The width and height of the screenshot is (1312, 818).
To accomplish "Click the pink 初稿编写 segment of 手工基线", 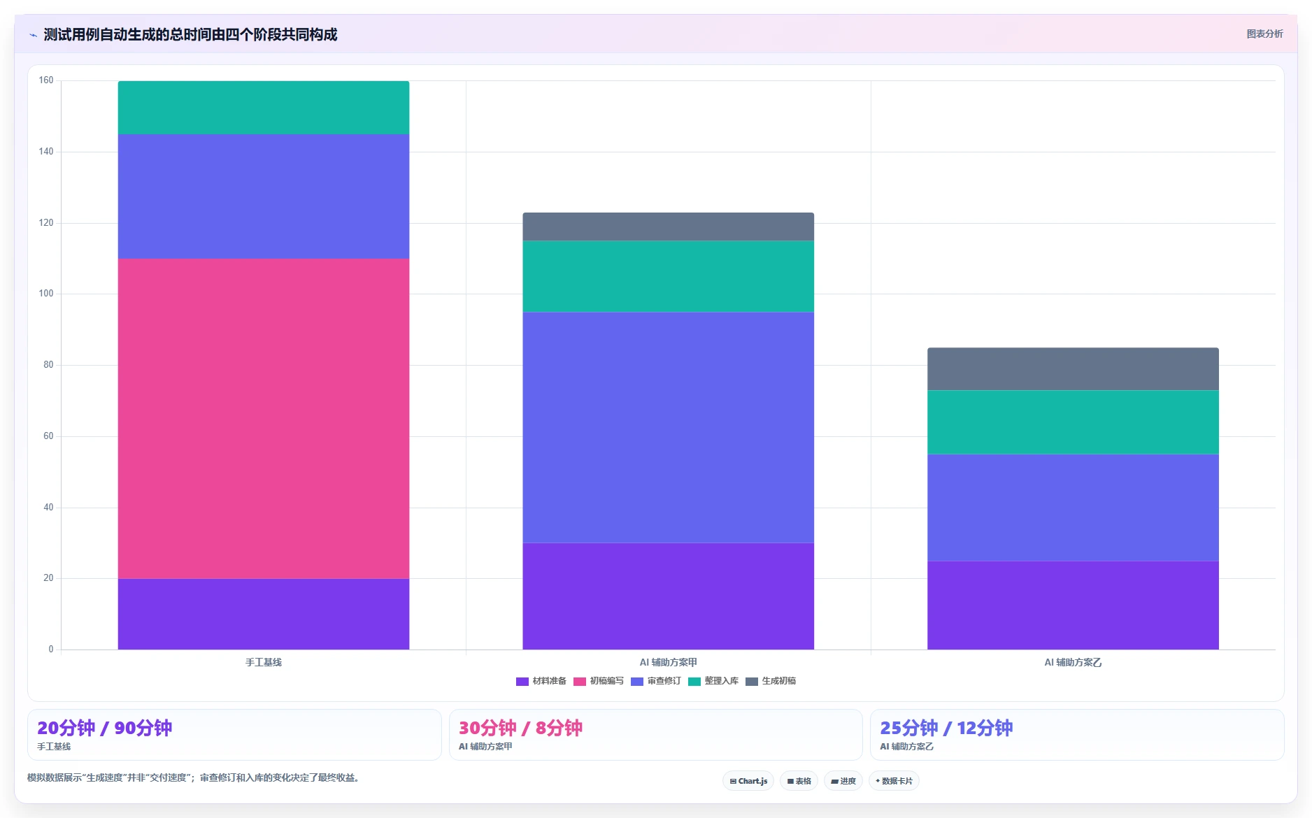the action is pos(264,419).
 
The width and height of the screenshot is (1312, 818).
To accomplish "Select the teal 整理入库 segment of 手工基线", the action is pos(264,108).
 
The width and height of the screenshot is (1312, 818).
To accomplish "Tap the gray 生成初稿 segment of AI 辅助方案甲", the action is pos(668,227).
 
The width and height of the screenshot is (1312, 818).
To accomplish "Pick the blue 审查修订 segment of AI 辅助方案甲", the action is pos(668,427).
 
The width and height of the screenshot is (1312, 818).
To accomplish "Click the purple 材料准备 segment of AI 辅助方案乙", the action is pos(1073,605).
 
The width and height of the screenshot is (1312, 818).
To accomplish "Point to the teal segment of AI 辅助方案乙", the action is pos(1073,422).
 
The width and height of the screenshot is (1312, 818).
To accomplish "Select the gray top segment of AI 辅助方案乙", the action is pos(1073,369).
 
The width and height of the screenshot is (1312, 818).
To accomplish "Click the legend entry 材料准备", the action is pos(541,681).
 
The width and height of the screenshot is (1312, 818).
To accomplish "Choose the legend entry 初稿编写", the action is pos(599,681).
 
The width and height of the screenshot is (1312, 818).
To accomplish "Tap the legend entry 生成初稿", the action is pos(771,681).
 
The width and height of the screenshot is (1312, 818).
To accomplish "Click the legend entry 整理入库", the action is pos(713,681).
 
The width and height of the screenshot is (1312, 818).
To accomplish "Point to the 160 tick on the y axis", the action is pos(46,80).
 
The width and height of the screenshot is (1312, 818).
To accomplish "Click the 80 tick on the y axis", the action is pos(48,365).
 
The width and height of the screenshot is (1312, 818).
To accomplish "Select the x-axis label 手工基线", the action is pos(264,662).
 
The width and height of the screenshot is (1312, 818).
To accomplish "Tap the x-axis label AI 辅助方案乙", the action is pos(1073,662).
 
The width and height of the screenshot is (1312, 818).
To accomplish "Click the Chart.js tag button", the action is pos(748,781).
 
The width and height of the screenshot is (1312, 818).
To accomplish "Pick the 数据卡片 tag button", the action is pos(894,781).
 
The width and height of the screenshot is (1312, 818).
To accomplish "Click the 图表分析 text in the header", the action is pos(1264,34).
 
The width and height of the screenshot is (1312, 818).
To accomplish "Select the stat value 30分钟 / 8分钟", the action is pos(520,728).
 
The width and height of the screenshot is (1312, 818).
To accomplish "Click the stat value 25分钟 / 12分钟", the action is pos(946,728).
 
